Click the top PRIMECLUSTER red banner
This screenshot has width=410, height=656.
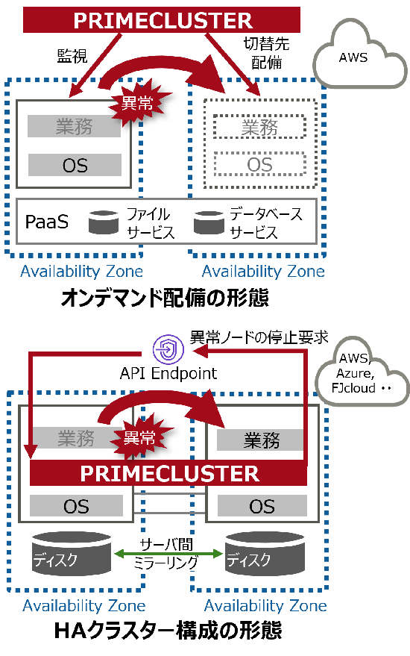(x=161, y=19)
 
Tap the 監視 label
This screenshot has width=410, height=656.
(x=72, y=56)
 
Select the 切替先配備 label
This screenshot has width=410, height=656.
(x=266, y=53)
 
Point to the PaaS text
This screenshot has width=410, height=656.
(x=46, y=222)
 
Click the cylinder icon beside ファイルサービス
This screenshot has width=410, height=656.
(x=104, y=222)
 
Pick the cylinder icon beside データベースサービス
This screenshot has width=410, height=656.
(x=209, y=222)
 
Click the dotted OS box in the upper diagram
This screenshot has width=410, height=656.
(x=259, y=164)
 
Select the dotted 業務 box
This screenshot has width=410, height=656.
(x=259, y=127)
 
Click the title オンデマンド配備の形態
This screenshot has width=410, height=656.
(x=165, y=298)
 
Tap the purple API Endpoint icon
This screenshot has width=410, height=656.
(x=168, y=349)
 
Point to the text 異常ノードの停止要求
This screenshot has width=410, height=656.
(x=259, y=337)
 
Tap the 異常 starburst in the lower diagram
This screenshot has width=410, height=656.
(x=140, y=437)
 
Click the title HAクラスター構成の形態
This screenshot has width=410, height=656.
(x=168, y=631)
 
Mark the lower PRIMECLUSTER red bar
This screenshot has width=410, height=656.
(x=168, y=472)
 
